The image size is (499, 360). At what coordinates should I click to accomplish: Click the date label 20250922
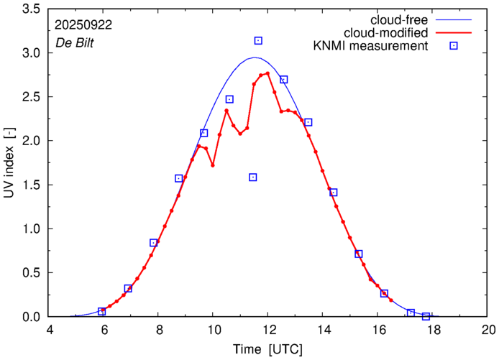(x=83, y=24)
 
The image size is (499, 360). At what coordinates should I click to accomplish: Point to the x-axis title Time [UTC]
(x=267, y=349)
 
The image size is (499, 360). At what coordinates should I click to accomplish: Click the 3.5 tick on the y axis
(x=31, y=9)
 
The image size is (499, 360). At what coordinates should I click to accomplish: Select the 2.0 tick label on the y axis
(x=31, y=141)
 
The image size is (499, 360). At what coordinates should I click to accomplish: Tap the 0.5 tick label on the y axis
(x=31, y=273)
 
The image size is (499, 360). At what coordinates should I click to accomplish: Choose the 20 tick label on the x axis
(x=488, y=331)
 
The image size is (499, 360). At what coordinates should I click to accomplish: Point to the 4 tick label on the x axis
(x=49, y=331)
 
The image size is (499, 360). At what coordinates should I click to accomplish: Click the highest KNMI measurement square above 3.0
(x=258, y=41)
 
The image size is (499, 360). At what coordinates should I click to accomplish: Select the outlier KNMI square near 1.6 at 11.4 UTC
(x=253, y=177)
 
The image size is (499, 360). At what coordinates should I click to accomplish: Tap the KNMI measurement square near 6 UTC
(x=101, y=312)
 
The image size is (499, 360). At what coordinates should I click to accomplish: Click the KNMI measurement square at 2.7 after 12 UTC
(x=283, y=80)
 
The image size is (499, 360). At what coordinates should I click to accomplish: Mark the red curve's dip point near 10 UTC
(x=213, y=165)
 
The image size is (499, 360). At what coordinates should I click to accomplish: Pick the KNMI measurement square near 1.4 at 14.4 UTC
(x=333, y=193)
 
